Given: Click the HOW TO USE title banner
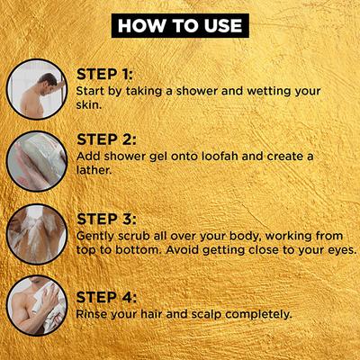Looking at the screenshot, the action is [180, 25].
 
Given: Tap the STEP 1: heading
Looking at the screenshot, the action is [104, 75].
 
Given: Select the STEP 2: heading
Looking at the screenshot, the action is [106, 139].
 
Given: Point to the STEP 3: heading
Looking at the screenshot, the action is [106, 219].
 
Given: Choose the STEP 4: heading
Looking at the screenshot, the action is [106, 297].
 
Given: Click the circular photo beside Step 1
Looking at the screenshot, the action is [37, 89].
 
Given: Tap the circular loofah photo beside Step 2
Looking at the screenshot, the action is [37, 161].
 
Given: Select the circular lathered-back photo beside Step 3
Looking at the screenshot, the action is [37, 234].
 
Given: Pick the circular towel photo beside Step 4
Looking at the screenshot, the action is [37, 305].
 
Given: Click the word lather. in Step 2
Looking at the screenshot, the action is [94, 170].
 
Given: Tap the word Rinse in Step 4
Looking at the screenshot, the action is [92, 314].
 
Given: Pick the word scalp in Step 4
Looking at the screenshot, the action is [206, 315].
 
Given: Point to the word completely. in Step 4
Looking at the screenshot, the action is [258, 315].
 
